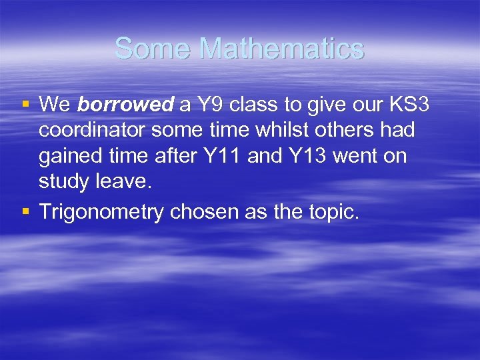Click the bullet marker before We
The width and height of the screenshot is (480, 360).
pos(25,105)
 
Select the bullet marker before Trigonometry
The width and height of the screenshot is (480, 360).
pos(25,212)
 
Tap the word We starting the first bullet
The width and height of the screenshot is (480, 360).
pos(55,105)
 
